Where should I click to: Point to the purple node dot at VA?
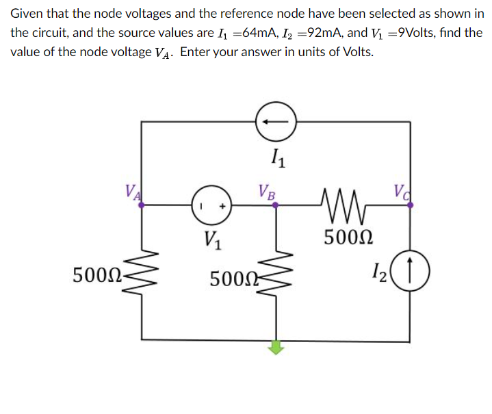tap(142, 204)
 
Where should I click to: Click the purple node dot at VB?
tap(276, 204)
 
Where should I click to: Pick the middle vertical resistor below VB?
tap(276, 277)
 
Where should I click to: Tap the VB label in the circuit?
tap(266, 191)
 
